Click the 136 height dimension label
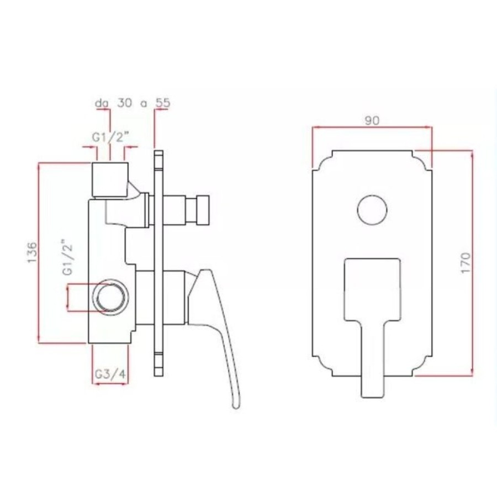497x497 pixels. coord(33,252)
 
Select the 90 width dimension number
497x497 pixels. coord(372,121)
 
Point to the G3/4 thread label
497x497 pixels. coord(110,374)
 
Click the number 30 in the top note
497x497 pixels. coord(125,103)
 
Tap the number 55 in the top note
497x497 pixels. coord(163,103)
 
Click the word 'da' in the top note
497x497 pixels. coord(102,103)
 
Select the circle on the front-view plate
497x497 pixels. coord(372,210)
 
